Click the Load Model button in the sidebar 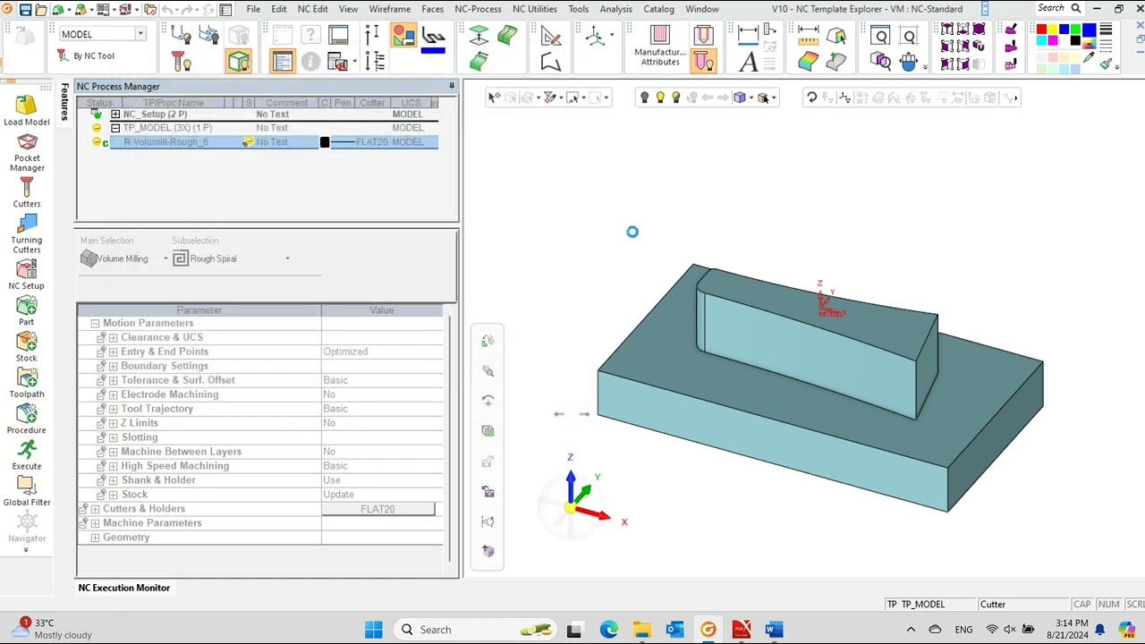point(26,110)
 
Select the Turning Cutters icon point(27,232)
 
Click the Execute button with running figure point(27,453)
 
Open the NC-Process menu point(478,9)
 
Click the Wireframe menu point(390,9)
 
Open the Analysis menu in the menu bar point(615,9)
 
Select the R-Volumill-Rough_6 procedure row point(165,142)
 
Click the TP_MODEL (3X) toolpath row point(167,128)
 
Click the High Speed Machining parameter point(174,466)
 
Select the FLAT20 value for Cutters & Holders point(377,509)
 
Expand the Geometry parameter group point(95,538)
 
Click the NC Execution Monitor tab point(123,588)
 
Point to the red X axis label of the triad point(624,522)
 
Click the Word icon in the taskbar point(774,630)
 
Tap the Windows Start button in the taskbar point(374,630)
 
